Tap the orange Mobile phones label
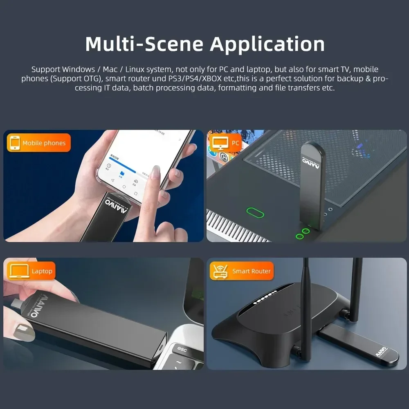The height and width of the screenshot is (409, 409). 39,143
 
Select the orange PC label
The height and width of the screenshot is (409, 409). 226,143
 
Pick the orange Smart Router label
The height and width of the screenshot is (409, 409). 241,271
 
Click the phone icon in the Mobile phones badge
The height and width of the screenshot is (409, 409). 15,143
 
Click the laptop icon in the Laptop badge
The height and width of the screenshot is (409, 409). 17,271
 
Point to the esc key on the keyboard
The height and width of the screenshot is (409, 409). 182,349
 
